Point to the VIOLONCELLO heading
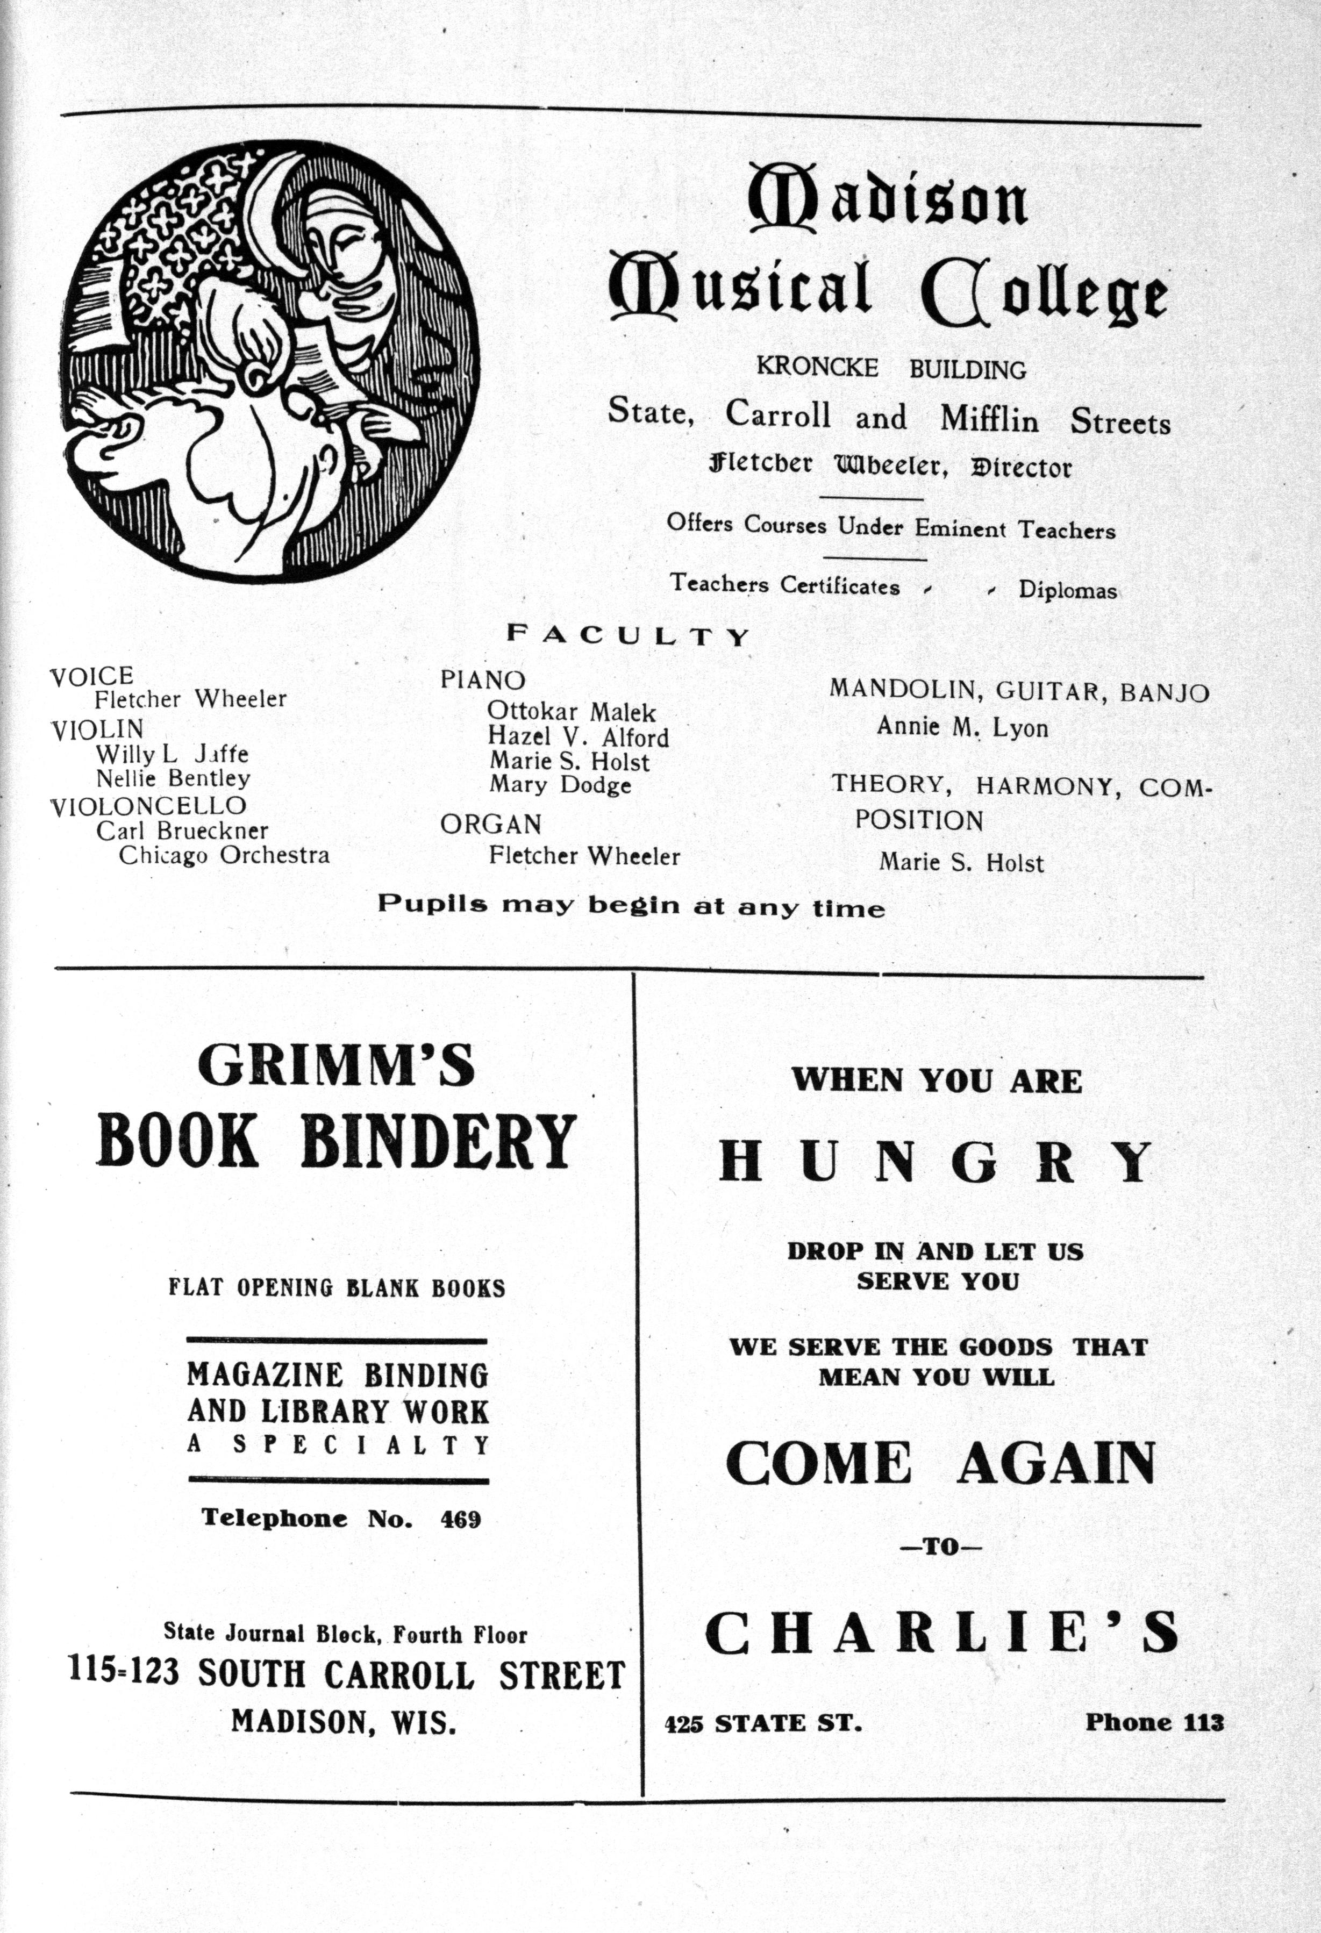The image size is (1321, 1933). coord(148,805)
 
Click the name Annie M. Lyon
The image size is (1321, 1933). coord(962,728)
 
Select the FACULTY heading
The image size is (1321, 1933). coord(628,636)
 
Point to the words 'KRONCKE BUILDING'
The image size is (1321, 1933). coord(890,368)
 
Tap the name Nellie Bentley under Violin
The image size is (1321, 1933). coord(173,778)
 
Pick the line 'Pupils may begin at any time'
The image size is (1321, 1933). coord(631,906)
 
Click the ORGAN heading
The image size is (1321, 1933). coord(491,824)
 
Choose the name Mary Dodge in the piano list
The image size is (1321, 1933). coord(560,784)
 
